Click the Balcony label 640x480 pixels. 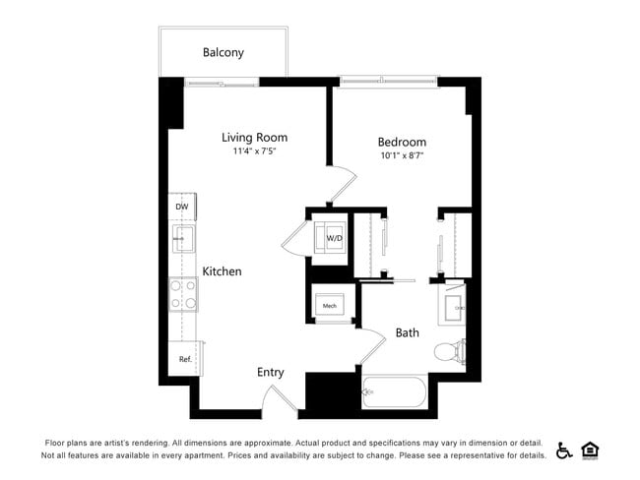(x=224, y=52)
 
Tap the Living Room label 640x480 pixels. (x=254, y=138)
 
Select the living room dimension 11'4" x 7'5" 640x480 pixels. (x=254, y=152)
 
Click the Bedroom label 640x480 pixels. (x=402, y=142)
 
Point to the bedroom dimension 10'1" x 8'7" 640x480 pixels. (x=402, y=155)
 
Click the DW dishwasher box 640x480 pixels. (x=182, y=208)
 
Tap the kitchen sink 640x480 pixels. (x=182, y=239)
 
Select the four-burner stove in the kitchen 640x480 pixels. (x=183, y=294)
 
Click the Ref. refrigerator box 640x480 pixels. (x=184, y=359)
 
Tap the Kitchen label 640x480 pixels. (x=223, y=270)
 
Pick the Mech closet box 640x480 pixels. (x=330, y=305)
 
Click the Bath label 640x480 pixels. (x=408, y=332)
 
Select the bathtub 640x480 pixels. (x=394, y=394)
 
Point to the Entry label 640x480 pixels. (x=271, y=372)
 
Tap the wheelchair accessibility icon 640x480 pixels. (x=564, y=450)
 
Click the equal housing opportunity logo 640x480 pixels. (x=591, y=450)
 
